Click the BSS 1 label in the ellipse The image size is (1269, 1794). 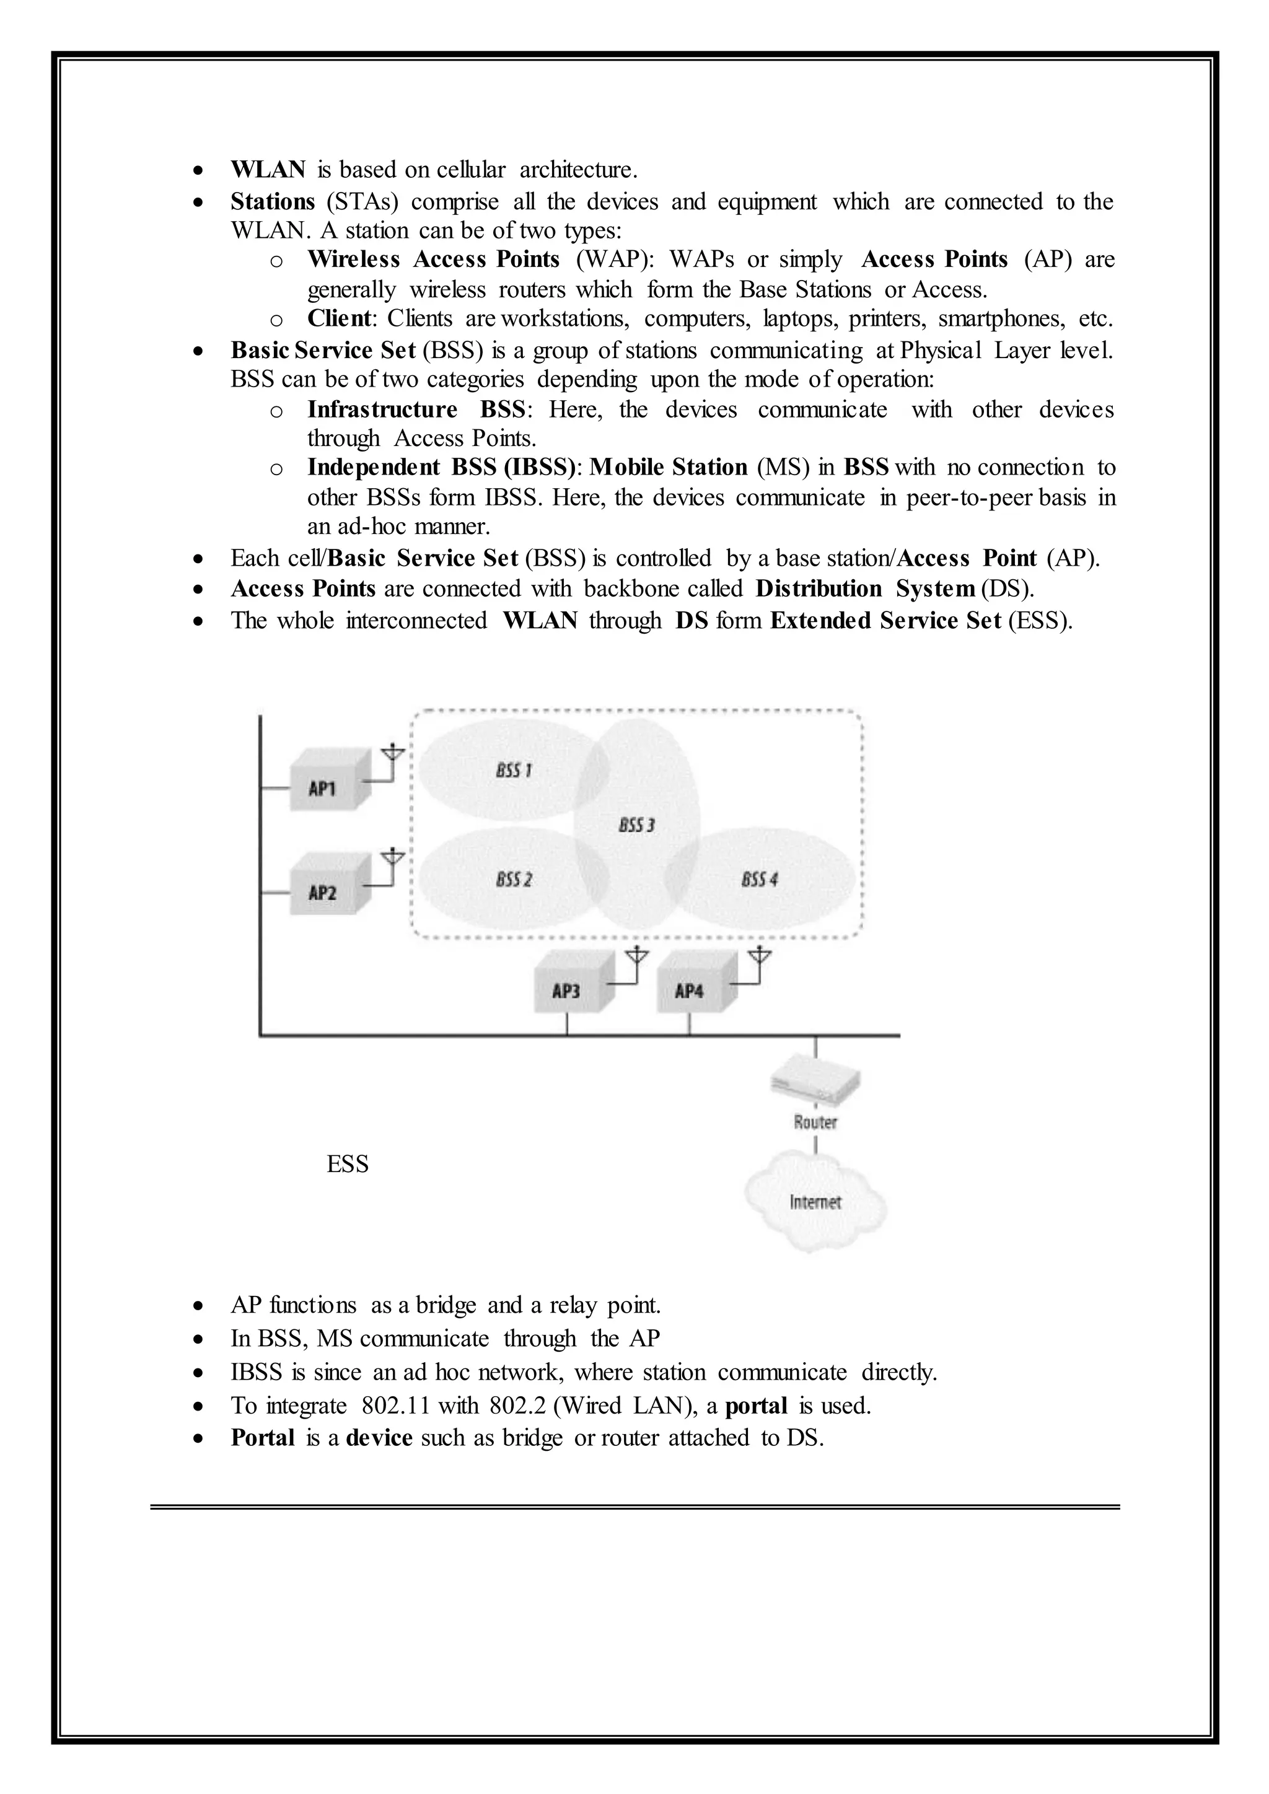pyautogui.click(x=514, y=771)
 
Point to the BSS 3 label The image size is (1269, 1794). pyautogui.click(x=636, y=825)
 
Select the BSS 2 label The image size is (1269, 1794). pyautogui.click(x=514, y=880)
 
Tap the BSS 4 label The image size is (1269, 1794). pyautogui.click(x=759, y=880)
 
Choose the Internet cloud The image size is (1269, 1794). pyautogui.click(x=815, y=1202)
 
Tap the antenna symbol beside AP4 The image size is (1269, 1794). pyautogui.click(x=759, y=958)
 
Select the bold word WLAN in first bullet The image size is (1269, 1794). pyautogui.click(x=268, y=170)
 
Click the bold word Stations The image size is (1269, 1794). pyautogui.click(x=272, y=201)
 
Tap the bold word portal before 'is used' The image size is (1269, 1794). pyautogui.click(x=755, y=1406)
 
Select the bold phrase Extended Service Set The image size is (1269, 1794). pyautogui.click(x=885, y=620)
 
